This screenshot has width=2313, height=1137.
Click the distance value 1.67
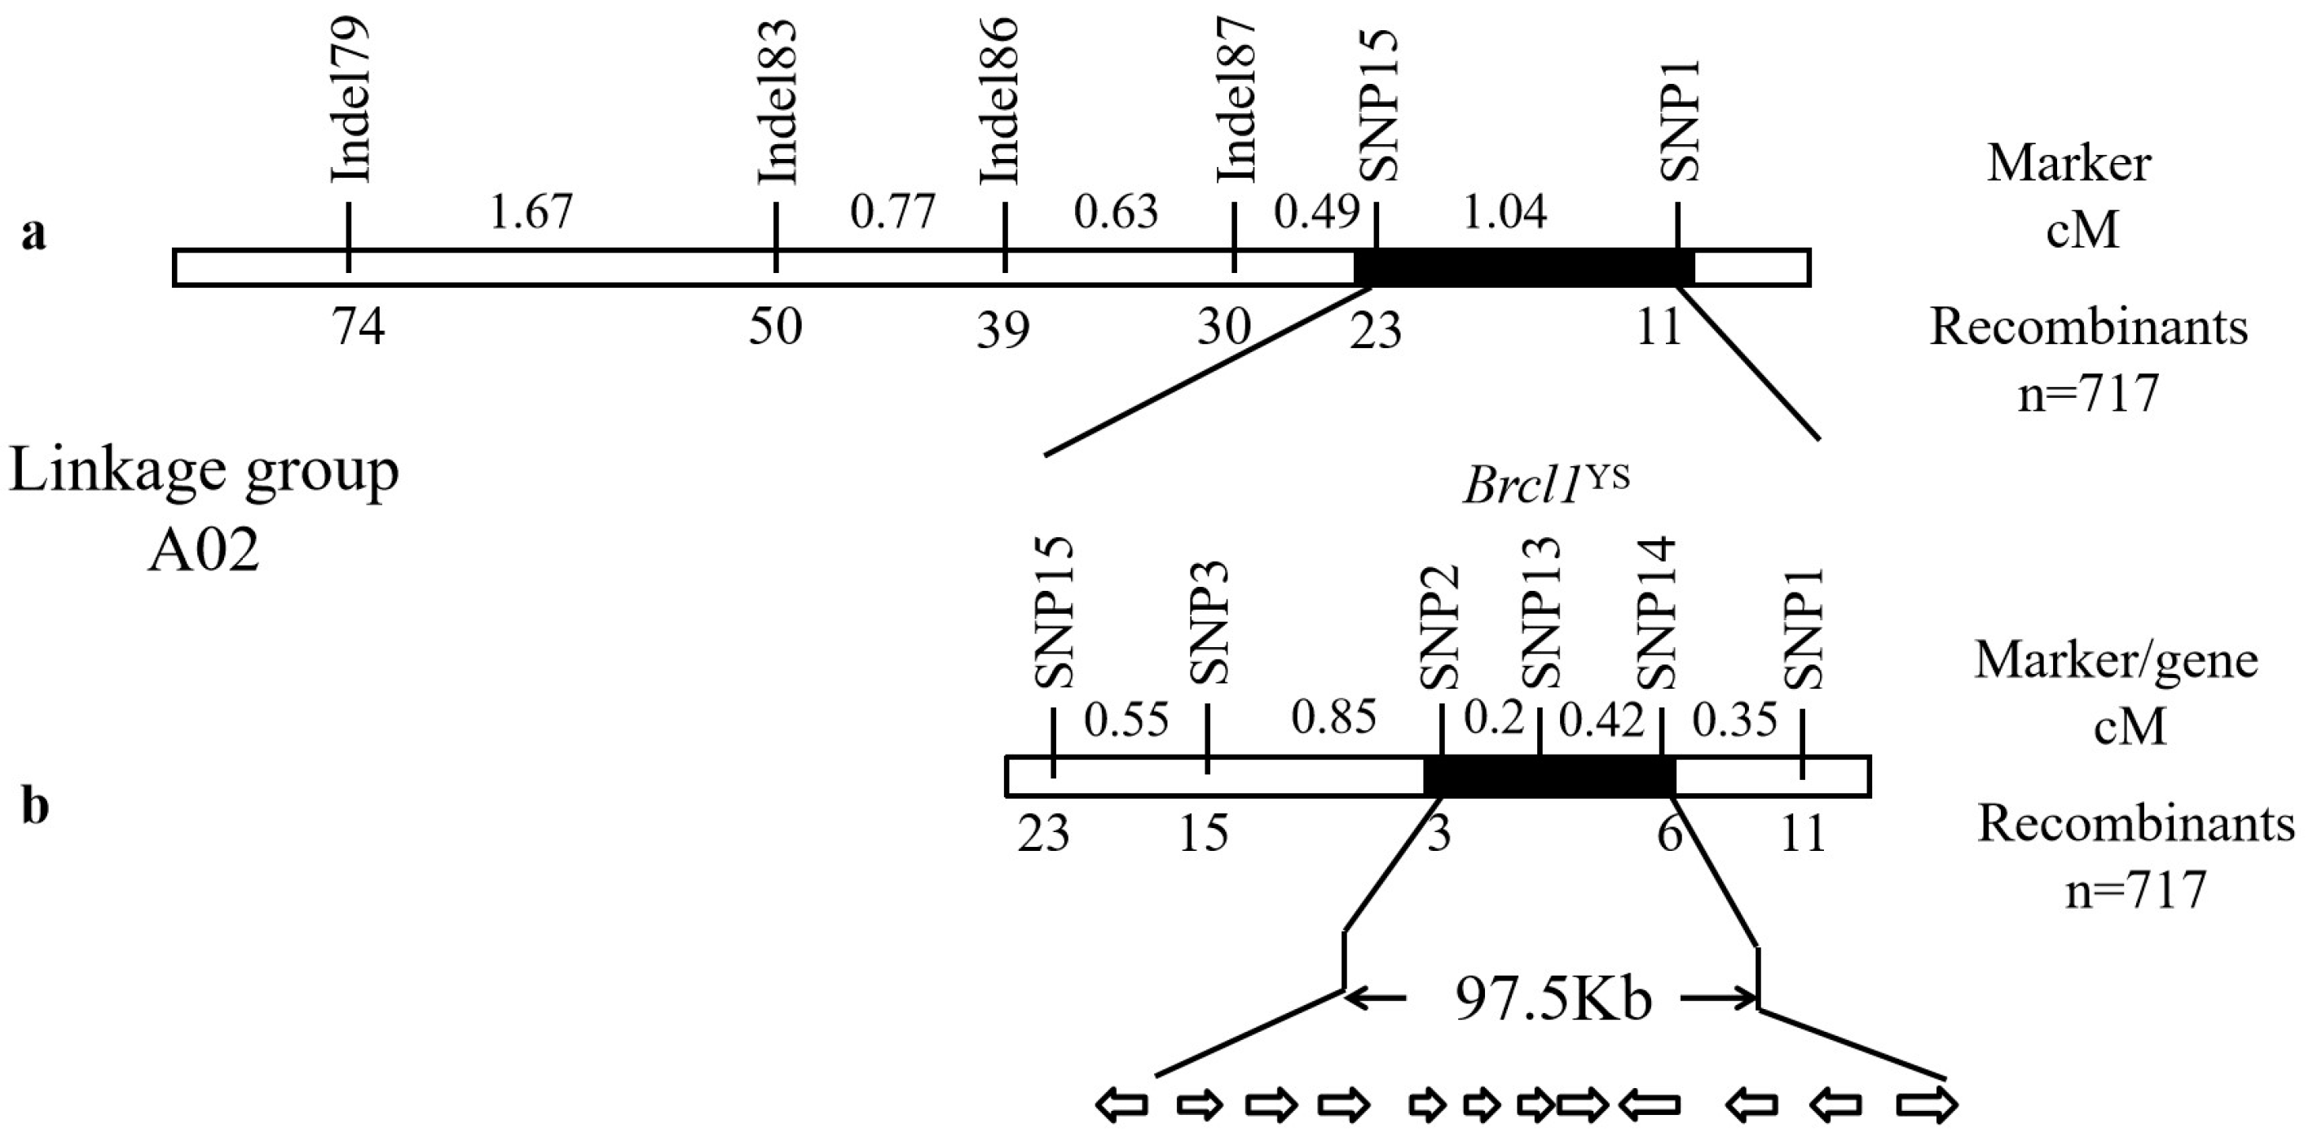(531, 213)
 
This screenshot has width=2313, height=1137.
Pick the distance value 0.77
(892, 213)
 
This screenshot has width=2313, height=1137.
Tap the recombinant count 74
(359, 326)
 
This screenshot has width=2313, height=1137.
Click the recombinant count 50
(775, 326)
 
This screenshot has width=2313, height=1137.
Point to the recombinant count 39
(1003, 330)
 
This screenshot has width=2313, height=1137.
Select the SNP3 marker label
(1208, 624)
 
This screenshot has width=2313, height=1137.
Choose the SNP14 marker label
(1657, 612)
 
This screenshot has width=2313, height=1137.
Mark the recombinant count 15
(1203, 834)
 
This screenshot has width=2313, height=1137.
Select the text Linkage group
(204, 471)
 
